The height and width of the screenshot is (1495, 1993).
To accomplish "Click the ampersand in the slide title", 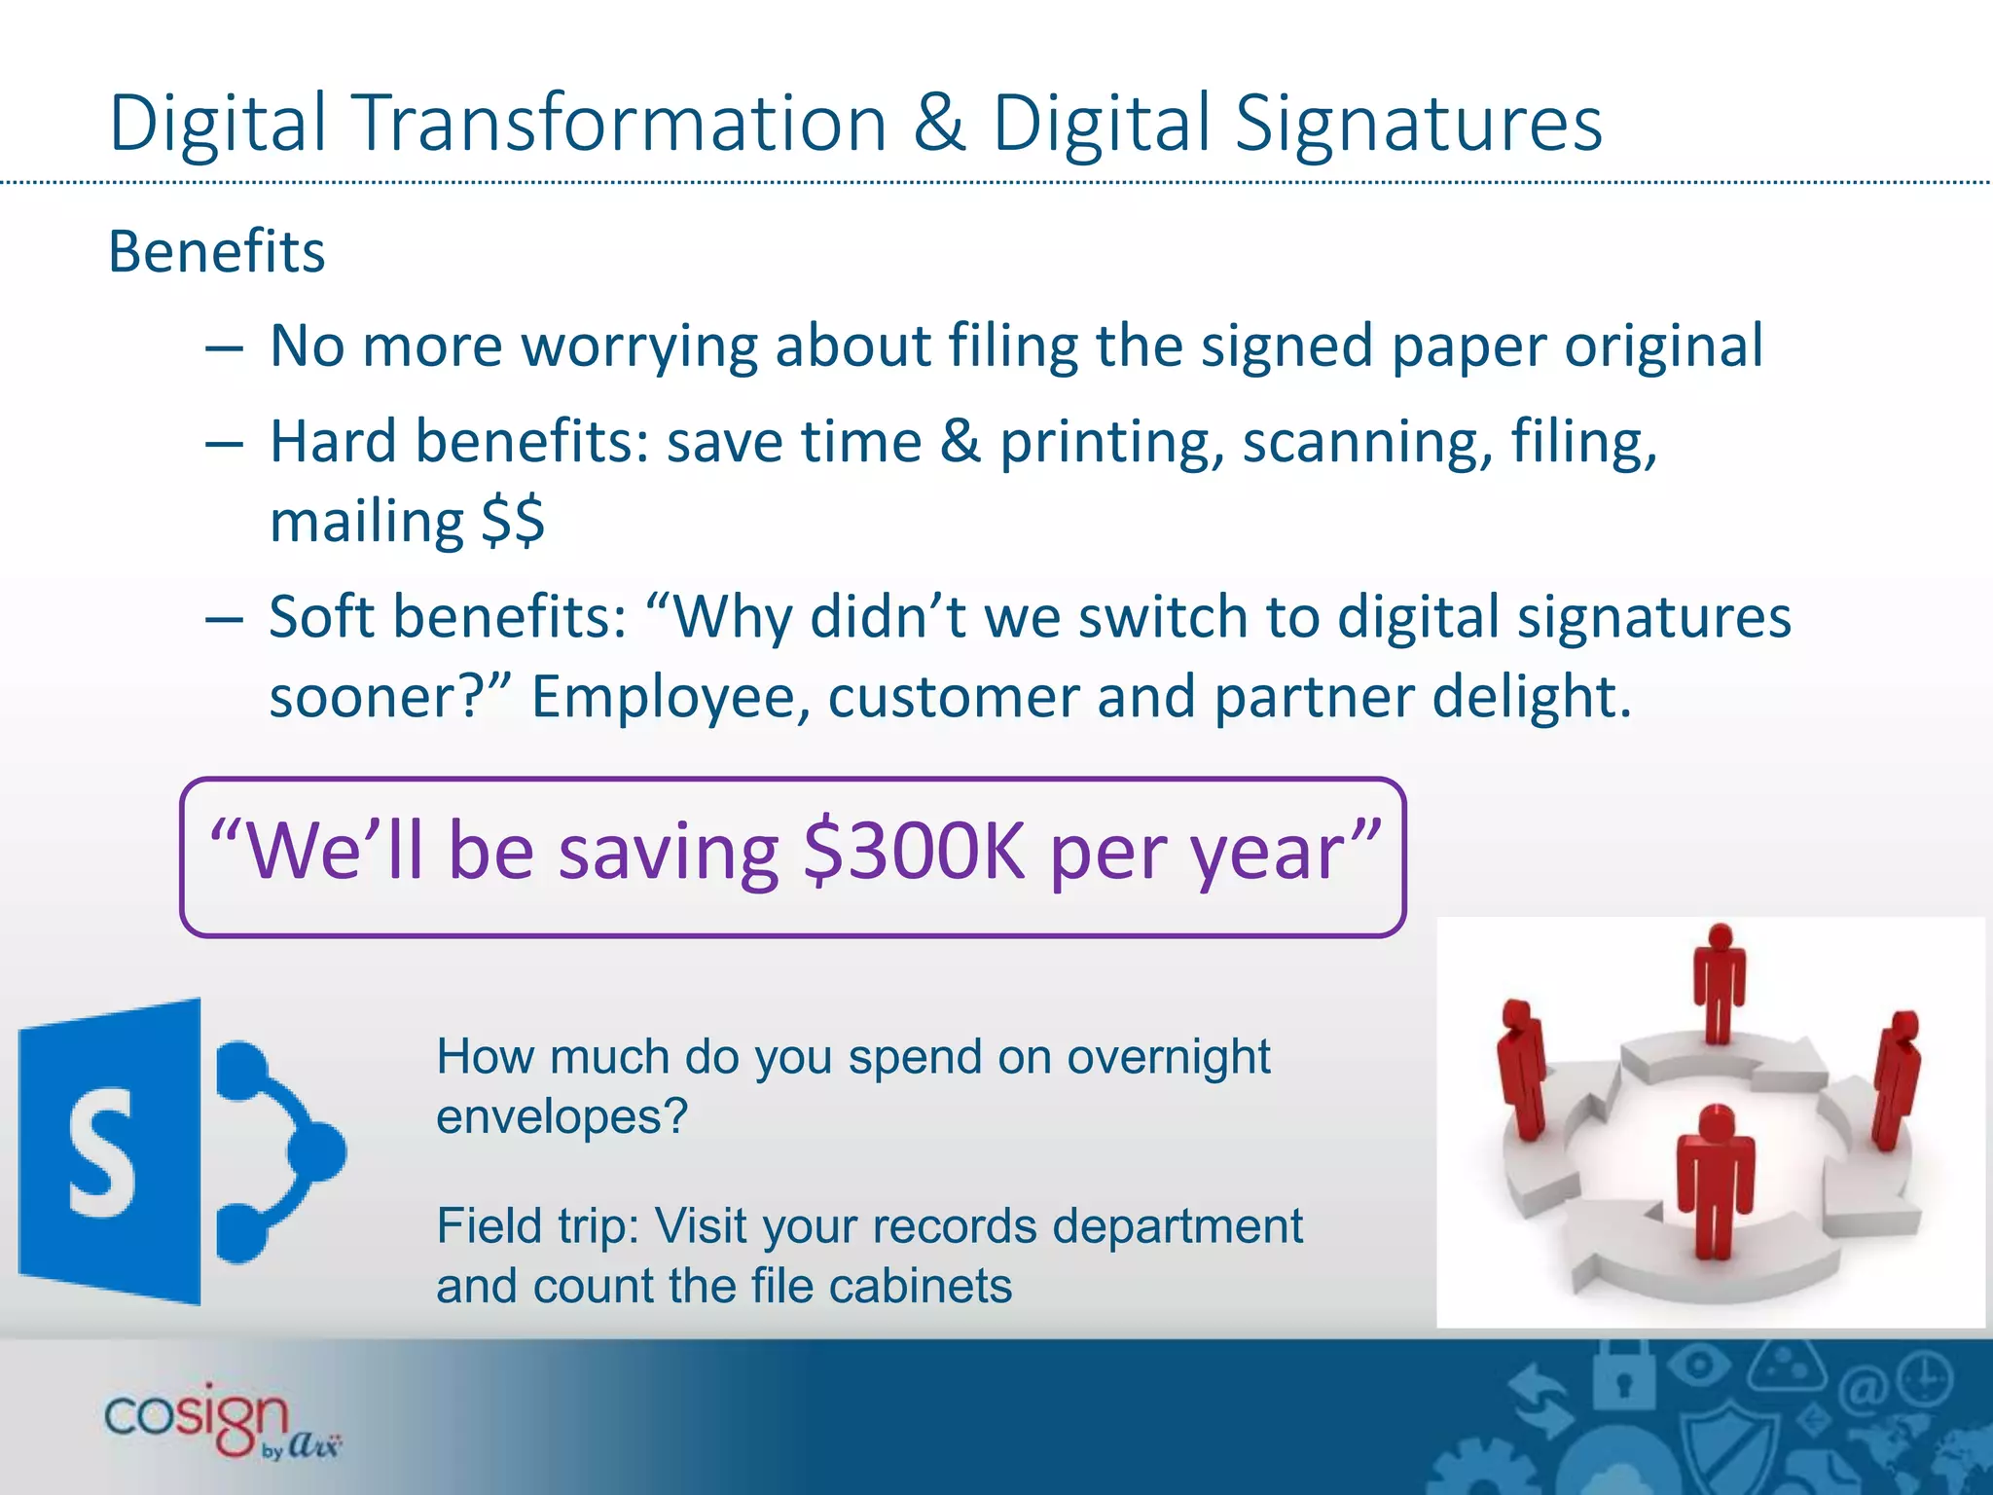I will (939, 125).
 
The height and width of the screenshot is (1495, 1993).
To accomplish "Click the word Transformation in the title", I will (622, 125).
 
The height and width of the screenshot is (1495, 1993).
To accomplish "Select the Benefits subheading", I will (216, 252).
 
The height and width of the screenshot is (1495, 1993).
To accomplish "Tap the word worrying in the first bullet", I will (638, 346).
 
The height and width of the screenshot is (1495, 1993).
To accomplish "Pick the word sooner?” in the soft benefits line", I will (390, 697).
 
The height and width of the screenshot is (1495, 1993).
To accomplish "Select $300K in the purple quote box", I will (914, 851).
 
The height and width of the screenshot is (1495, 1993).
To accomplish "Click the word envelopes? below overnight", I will (562, 1116).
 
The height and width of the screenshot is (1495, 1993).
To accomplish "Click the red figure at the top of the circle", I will (1720, 983).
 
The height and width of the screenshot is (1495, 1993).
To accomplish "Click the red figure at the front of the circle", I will (1715, 1183).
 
